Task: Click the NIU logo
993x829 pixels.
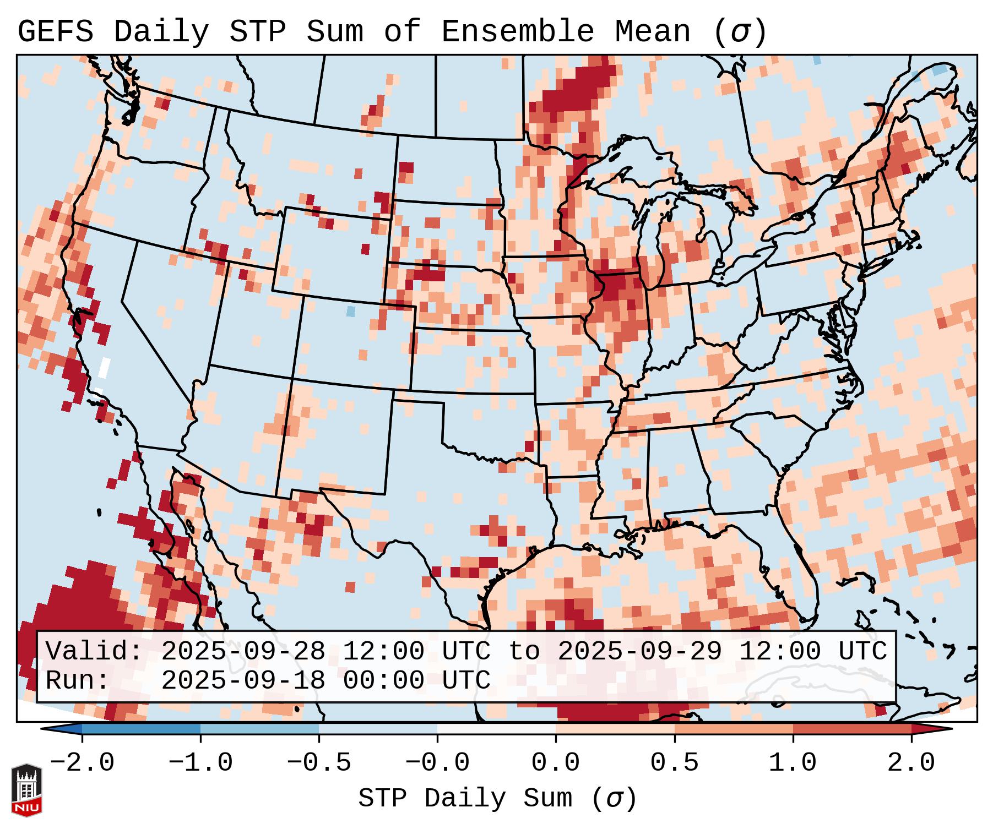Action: tap(26, 789)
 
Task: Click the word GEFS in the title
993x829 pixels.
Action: tap(55, 32)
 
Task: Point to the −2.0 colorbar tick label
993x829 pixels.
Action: tap(82, 763)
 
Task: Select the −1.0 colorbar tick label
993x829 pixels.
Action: tap(200, 763)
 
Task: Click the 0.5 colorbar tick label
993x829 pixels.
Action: tap(674, 763)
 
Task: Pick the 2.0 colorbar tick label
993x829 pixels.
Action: tap(911, 763)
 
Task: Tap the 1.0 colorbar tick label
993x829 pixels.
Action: tap(793, 763)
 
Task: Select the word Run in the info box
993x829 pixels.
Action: tap(77, 681)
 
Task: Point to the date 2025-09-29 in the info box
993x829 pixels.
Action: tap(639, 651)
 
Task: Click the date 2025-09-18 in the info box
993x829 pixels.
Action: tap(243, 681)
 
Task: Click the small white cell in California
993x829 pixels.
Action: tap(104, 367)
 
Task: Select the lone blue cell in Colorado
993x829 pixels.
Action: tap(351, 312)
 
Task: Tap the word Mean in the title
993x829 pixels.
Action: tap(652, 32)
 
